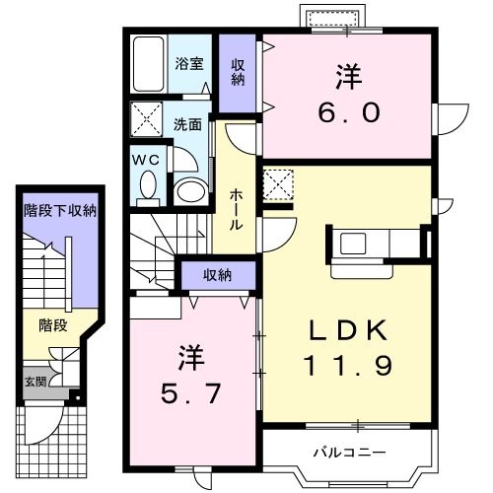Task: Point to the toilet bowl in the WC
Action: [148, 184]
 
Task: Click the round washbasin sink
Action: [190, 188]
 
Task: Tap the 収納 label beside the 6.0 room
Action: [238, 71]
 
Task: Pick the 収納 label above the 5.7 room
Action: [218, 275]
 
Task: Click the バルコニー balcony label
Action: [349, 453]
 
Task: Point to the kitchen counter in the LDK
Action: [375, 243]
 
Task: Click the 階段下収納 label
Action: [60, 210]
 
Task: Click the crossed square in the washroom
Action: [148, 120]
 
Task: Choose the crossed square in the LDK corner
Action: [277, 184]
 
